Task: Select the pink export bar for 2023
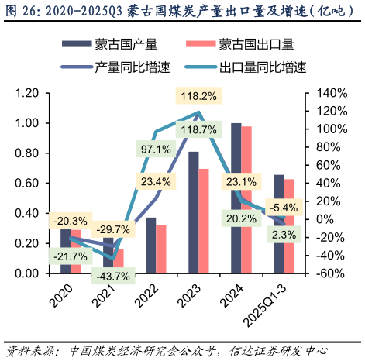point(203,221)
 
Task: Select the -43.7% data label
point(113,275)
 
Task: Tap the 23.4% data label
point(156,181)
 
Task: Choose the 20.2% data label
point(241,218)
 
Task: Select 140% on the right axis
point(325,93)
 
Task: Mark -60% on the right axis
point(325,273)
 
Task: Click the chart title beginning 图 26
point(182,11)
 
